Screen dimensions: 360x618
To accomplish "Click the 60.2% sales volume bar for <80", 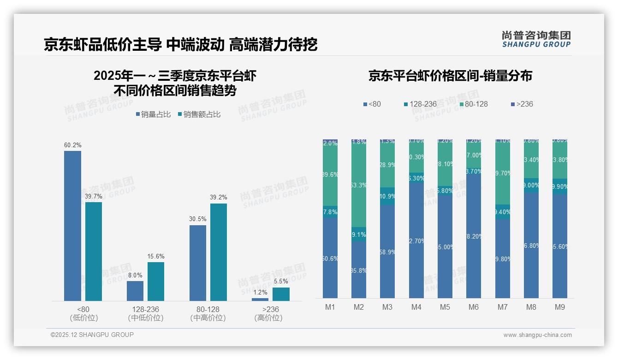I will (72, 226).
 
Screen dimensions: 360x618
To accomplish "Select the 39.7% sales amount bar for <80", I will (93, 252).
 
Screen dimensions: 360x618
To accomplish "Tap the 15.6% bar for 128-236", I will (156, 282).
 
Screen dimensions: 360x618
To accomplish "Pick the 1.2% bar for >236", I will (260, 300).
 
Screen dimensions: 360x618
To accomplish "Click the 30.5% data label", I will (197, 219).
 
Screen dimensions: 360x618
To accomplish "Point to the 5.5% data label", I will (280, 281).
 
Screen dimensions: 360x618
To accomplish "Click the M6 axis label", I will (474, 307).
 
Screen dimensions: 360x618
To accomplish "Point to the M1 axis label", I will (330, 307).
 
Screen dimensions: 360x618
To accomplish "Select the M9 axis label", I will (559, 307).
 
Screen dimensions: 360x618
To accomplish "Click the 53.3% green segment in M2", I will (359, 185).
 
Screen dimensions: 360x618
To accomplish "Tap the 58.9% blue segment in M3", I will (387, 252).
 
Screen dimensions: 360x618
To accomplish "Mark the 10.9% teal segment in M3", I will (387, 196).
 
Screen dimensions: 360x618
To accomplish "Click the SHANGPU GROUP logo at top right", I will (536, 39).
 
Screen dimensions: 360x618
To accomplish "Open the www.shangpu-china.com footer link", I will (537, 335).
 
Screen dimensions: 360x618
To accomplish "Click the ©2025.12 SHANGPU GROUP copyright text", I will (92, 335).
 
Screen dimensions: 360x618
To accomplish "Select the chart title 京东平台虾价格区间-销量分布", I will (450, 76).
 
